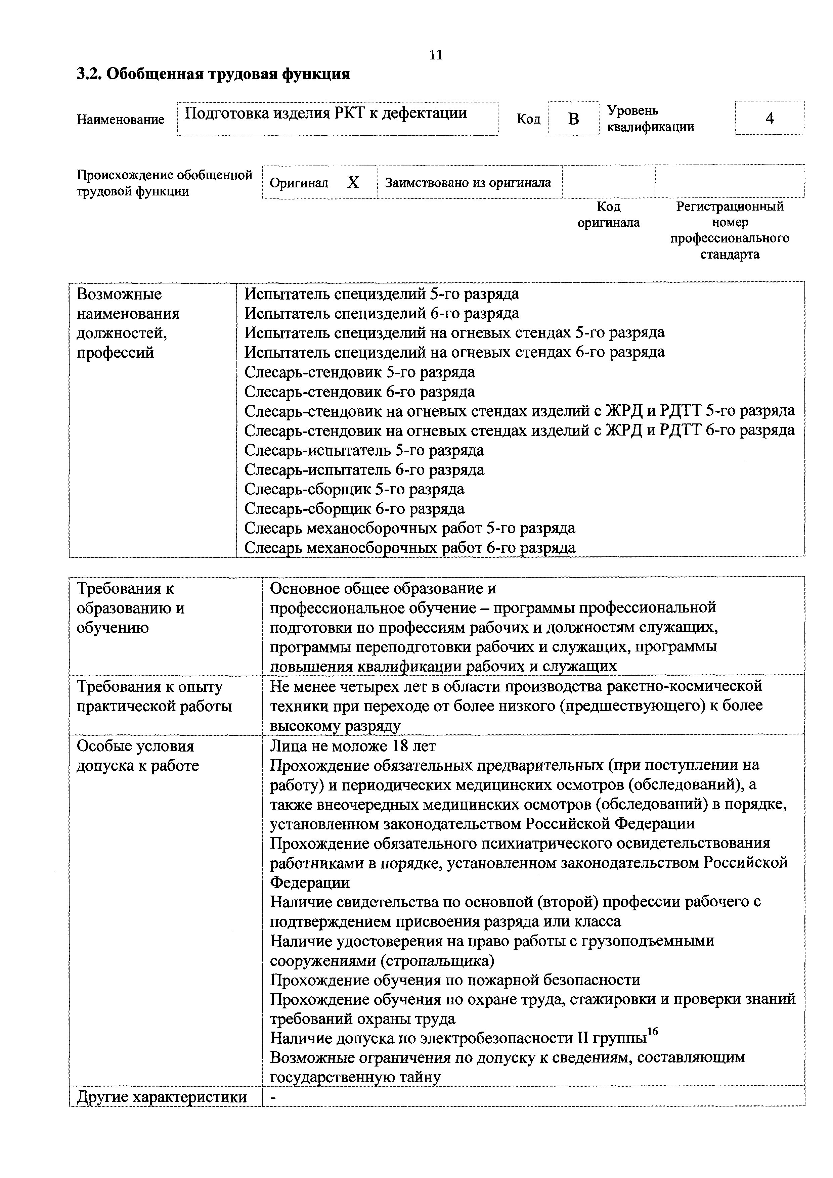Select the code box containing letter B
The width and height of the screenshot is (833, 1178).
coord(573,119)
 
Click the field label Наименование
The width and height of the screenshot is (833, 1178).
coord(121,120)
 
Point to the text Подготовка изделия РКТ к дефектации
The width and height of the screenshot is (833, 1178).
coord(325,113)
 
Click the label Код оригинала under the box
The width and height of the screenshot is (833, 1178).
coord(608,215)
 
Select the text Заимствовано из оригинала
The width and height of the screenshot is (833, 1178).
coord(468,183)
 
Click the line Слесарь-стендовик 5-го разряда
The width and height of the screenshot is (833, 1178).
coord(359,372)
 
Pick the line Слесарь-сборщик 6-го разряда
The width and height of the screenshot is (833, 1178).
coord(354,508)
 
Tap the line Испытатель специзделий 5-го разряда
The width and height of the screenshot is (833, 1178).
coord(381,294)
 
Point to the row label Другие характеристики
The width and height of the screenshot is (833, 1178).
coord(162,1097)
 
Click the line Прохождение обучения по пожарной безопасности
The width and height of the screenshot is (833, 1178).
coord(455,980)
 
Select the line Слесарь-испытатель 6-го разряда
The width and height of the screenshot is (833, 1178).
coord(364,469)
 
